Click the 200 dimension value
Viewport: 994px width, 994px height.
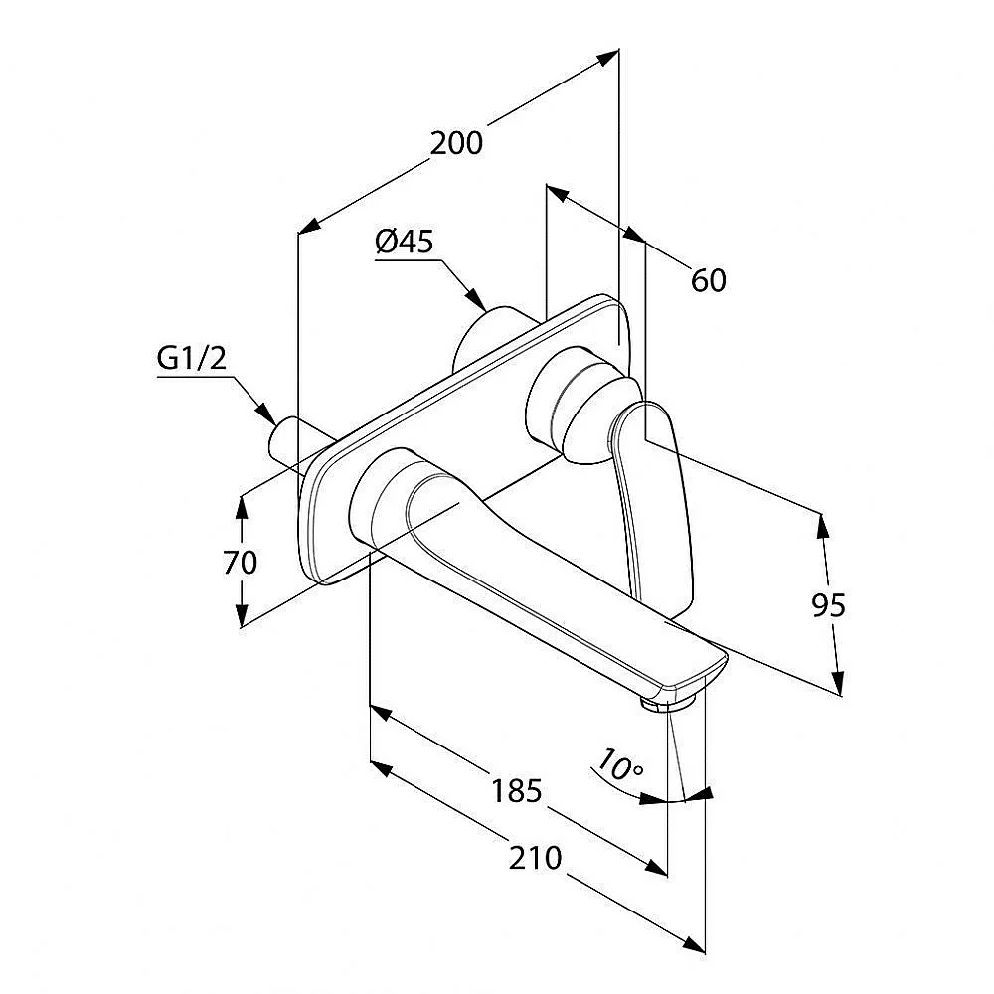456,143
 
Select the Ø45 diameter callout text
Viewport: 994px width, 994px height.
405,242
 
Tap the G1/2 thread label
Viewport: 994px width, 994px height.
192,359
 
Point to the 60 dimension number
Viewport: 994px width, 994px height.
708,280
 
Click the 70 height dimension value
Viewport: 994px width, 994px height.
241,563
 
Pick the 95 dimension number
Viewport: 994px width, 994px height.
829,606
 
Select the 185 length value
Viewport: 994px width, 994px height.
517,791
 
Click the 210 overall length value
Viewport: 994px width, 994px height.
535,859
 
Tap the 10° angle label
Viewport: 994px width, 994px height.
620,764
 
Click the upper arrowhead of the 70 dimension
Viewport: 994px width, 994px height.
241,507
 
